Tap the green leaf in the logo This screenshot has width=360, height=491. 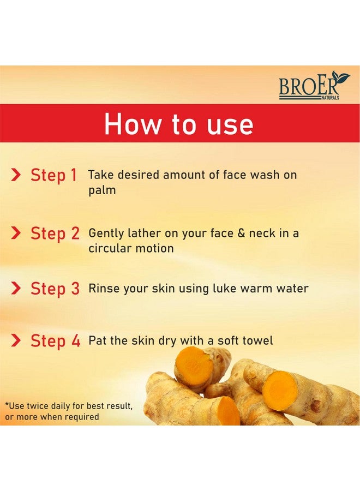coord(341,79)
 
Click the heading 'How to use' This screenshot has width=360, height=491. coord(179,124)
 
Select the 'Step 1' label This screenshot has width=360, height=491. coord(53,175)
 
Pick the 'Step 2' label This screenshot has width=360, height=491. coord(55,233)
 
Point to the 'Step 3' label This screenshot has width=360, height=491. coord(55,289)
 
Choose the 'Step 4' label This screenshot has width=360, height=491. coord(55,341)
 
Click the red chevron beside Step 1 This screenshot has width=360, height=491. coord(16,175)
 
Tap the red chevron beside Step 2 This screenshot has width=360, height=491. coord(16,233)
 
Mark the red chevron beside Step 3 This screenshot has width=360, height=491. coord(16,288)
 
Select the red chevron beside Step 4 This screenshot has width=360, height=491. coord(16,341)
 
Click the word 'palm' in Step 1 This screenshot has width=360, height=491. coord(102,191)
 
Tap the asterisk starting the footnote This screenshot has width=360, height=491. coord(7,404)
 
